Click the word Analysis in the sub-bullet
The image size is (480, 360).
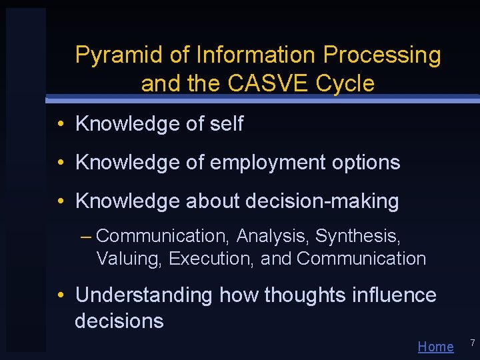tap(273, 237)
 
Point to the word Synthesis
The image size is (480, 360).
tap(357, 237)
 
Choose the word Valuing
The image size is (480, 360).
tap(129, 259)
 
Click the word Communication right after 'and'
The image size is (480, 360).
tap(361, 259)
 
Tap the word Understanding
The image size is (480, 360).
tap(143, 295)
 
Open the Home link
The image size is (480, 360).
tap(435, 347)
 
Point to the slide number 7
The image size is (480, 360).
tap(472, 343)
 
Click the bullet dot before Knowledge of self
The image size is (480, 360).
tap(60, 125)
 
